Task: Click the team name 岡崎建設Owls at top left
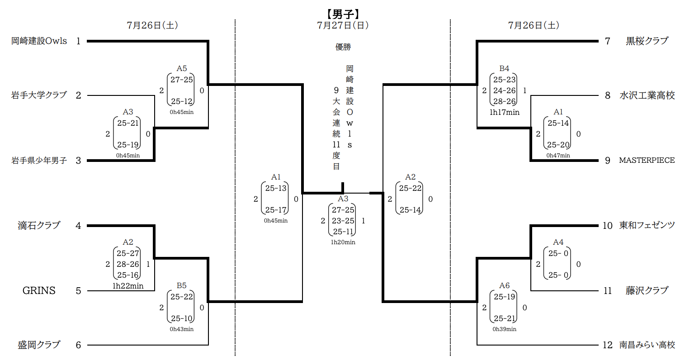(39, 41)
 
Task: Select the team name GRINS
(39, 291)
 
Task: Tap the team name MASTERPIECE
(647, 161)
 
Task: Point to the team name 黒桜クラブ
(647, 41)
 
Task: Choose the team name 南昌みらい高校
(647, 345)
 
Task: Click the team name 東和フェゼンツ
(647, 226)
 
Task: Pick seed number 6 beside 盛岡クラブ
(78, 345)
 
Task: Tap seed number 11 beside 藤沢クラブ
(608, 291)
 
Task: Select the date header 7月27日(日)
(343, 25)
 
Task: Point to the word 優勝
(343, 47)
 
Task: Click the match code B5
(181, 286)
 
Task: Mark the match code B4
(504, 69)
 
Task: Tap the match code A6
(504, 286)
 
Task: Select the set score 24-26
(504, 90)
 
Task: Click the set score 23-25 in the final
(343, 221)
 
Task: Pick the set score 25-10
(182, 318)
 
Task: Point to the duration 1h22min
(128, 286)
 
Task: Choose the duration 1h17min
(504, 112)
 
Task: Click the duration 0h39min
(504, 329)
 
